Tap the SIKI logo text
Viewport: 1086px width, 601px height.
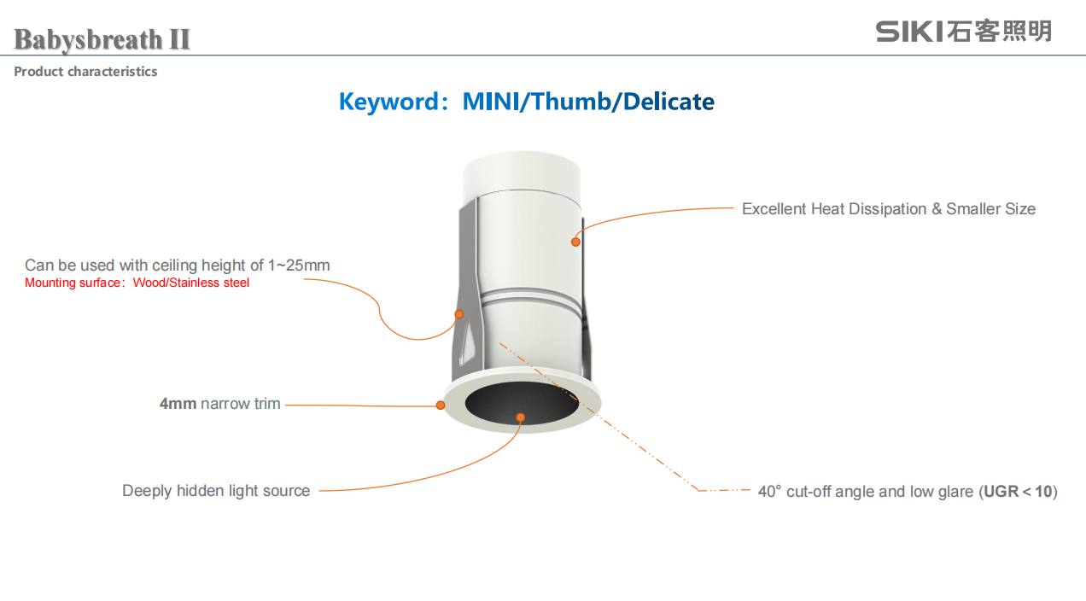(x=909, y=32)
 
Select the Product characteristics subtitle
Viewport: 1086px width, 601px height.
(x=85, y=72)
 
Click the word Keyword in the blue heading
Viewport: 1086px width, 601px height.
(x=388, y=102)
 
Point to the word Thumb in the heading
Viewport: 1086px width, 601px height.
(x=570, y=102)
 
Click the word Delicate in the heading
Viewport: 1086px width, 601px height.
(x=669, y=102)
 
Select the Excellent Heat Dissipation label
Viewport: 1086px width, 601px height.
(x=889, y=209)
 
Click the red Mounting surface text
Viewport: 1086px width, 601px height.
(x=137, y=283)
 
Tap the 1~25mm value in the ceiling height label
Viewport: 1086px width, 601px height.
(x=299, y=265)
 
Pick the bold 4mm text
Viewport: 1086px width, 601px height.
(x=178, y=404)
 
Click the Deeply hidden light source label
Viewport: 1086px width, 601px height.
(x=216, y=491)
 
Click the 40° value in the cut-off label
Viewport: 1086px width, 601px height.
(x=770, y=492)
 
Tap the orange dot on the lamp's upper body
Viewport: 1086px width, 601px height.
(x=575, y=242)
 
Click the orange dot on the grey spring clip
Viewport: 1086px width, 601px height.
(x=459, y=314)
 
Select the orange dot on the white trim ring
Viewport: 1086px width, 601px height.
(x=441, y=406)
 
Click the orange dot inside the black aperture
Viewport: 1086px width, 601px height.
(x=520, y=417)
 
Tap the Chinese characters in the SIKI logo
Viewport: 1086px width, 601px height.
(x=999, y=32)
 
